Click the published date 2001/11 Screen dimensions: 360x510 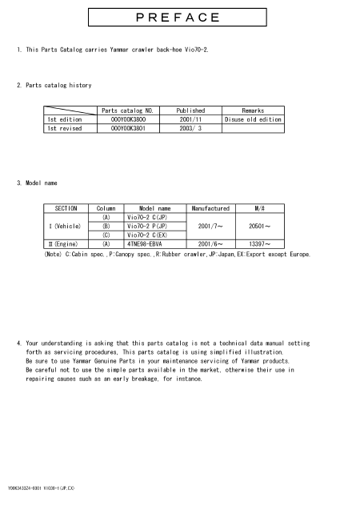pyautogui.click(x=190, y=119)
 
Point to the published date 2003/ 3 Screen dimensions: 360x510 pyautogui.click(x=190, y=128)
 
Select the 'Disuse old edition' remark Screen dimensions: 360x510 pyautogui.click(x=253, y=119)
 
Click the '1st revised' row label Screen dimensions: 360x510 pyautogui.click(x=65, y=128)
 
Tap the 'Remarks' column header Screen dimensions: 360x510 pyautogui.click(x=253, y=110)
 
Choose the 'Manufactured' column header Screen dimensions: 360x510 pyautogui.click(x=210, y=207)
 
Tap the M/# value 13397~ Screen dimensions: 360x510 pyautogui.click(x=261, y=244)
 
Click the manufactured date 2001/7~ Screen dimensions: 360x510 pyautogui.click(x=210, y=226)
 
